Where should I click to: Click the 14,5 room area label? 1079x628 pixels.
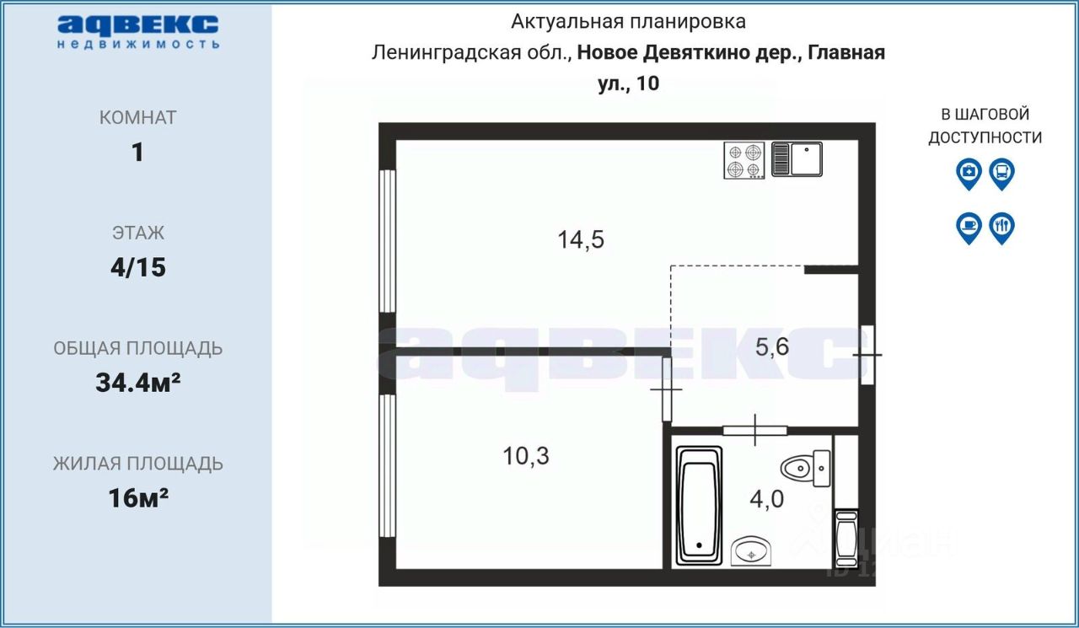click(x=581, y=240)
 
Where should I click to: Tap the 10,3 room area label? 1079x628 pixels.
click(x=526, y=456)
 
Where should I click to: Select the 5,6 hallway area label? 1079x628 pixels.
click(x=771, y=346)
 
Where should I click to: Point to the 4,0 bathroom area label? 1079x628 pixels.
click(x=766, y=498)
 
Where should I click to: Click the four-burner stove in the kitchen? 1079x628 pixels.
click(x=743, y=160)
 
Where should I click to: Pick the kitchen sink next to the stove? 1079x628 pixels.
click(x=797, y=159)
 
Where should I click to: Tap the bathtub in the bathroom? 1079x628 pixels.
click(x=699, y=506)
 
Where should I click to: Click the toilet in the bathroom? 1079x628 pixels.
click(x=808, y=468)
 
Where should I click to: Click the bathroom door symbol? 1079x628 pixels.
click(x=754, y=430)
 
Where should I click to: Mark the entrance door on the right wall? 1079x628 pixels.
click(x=867, y=355)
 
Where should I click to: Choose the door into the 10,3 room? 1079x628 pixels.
click(x=667, y=389)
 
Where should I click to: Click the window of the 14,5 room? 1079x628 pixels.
click(x=387, y=241)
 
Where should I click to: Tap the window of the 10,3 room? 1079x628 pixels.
click(x=387, y=465)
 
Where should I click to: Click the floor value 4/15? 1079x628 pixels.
click(x=138, y=268)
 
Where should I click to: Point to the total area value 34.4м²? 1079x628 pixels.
click(x=138, y=384)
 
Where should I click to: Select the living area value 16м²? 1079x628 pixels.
click(x=138, y=498)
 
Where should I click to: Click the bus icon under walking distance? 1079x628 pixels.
click(x=1001, y=173)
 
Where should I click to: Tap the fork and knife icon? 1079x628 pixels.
click(x=1001, y=227)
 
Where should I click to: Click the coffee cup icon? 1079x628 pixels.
click(x=969, y=227)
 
